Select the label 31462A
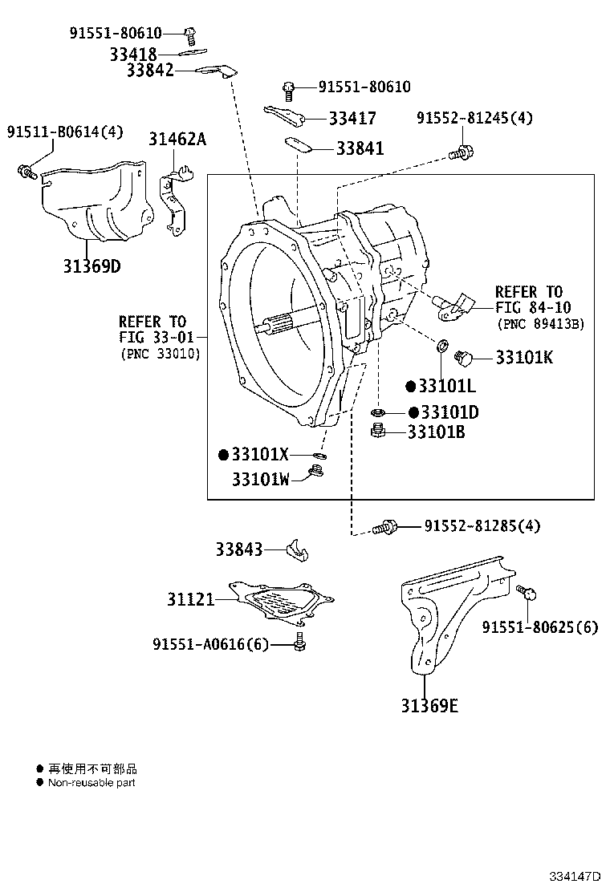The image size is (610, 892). coord(177,139)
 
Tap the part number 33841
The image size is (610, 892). coord(360,148)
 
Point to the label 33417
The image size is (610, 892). coord(352,119)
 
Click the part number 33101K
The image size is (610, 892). coord(524,358)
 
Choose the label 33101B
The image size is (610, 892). coord(436,432)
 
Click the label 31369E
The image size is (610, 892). coord(430,706)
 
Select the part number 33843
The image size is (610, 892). coord(238,549)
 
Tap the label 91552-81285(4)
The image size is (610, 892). coord(482,526)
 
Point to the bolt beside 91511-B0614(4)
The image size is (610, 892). coord(26,171)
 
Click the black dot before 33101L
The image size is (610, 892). coord(410,387)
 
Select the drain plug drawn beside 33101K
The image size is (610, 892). coord(464,356)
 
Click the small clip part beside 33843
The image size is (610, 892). coord(298,551)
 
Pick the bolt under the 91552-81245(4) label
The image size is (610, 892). coord(462,150)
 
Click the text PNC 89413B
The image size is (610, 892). coord(540,324)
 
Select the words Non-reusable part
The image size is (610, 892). coord(91,782)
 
